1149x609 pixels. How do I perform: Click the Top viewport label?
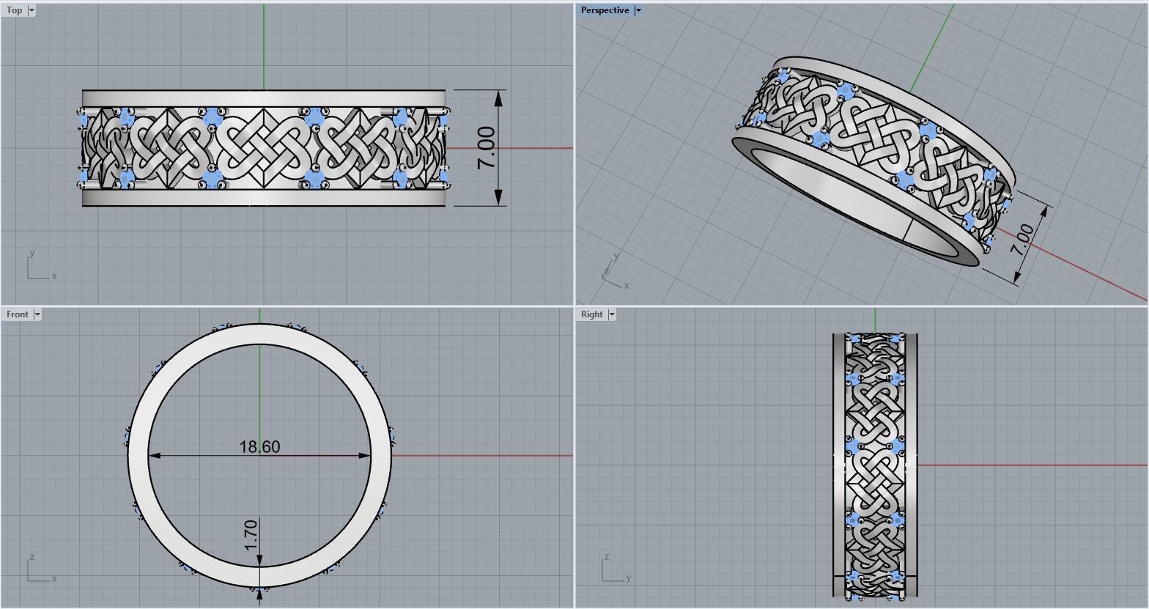[14, 10]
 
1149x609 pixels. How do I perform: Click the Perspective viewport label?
[605, 10]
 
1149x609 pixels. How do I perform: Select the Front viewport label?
[17, 314]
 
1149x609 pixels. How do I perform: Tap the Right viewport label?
[591, 314]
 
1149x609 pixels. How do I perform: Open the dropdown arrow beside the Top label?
[32, 10]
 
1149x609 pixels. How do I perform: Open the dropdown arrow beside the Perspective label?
[638, 10]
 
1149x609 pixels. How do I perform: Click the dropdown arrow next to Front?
[37, 314]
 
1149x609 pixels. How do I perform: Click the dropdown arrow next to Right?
[612, 314]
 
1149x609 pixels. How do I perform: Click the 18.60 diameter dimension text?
[259, 446]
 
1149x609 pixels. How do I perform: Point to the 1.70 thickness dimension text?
[251, 535]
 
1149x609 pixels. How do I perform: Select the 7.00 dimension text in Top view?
[487, 148]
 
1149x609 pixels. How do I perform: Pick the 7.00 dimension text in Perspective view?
[1021, 239]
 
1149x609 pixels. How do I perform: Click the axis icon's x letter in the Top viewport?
[54, 276]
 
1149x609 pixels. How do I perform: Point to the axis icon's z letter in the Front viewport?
[31, 558]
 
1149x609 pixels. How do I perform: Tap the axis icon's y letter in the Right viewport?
[629, 578]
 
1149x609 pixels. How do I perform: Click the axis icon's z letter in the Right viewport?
[605, 558]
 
